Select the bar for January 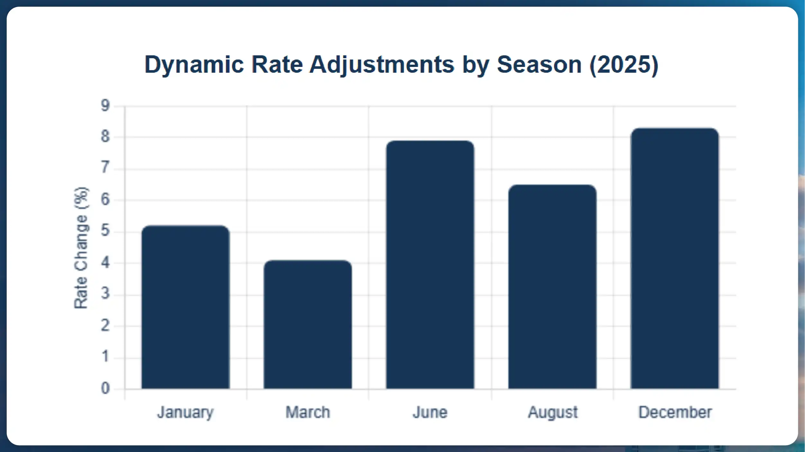point(186,307)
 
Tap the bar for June point(430,264)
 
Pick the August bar point(552,287)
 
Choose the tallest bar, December point(675,258)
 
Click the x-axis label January point(185,412)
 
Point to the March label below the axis point(308,412)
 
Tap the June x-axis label point(430,412)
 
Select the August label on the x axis point(553,412)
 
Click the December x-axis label point(675,412)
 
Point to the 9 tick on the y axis point(105,106)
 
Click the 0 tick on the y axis point(105,389)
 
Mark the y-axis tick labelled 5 point(105,231)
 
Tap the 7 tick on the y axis point(105,168)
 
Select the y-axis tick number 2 point(105,326)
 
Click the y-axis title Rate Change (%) point(81,248)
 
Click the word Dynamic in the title point(194,65)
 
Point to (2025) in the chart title point(624,65)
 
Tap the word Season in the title point(539,65)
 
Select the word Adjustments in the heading point(382,65)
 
